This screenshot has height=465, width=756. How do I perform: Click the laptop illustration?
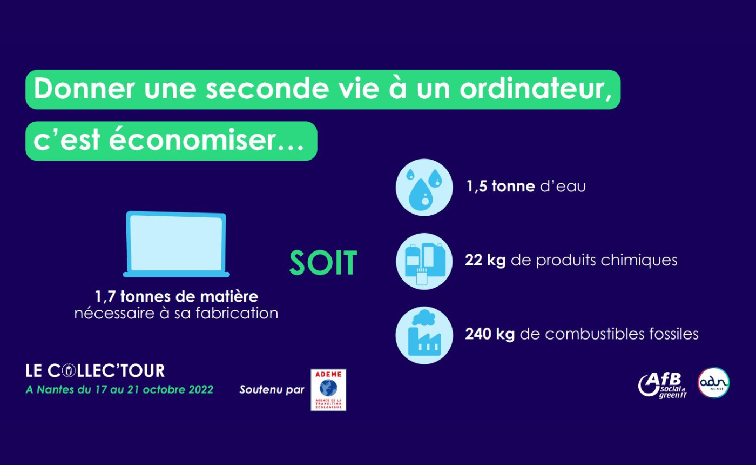(176, 244)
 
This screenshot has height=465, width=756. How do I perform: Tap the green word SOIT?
(323, 263)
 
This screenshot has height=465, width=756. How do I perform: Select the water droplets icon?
(424, 188)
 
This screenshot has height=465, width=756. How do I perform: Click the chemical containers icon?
(424, 261)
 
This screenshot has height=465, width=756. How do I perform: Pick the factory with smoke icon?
(424, 335)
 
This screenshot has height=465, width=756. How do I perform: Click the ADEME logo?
(328, 390)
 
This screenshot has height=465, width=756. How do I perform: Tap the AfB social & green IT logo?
(663, 385)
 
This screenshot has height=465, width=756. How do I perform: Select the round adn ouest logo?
(714, 383)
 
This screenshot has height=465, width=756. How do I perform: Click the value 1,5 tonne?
(501, 186)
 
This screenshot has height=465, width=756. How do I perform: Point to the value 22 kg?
(485, 260)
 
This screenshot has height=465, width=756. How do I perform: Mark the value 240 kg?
(490, 334)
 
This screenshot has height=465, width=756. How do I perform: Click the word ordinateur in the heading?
(536, 89)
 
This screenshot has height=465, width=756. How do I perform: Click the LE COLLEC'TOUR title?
(95, 371)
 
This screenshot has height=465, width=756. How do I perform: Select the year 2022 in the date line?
(201, 390)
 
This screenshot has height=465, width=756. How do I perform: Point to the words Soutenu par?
(272, 390)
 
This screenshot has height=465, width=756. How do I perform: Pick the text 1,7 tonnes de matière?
(177, 296)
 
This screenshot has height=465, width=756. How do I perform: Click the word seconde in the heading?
(267, 89)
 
